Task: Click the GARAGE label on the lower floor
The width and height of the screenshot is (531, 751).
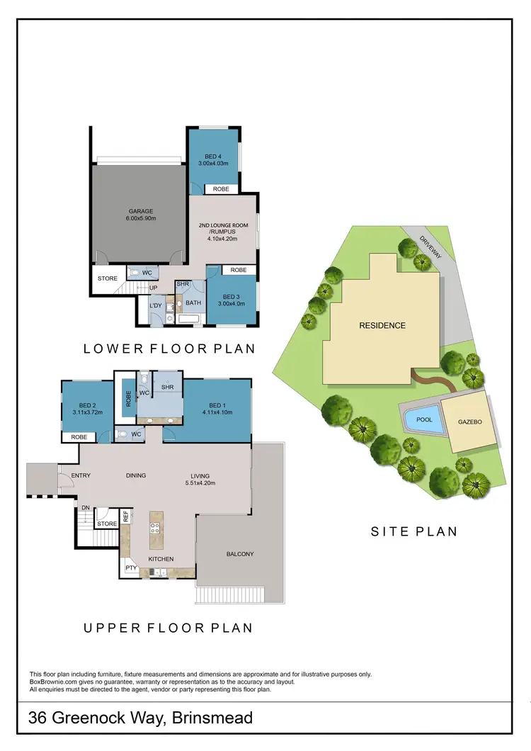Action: point(141,211)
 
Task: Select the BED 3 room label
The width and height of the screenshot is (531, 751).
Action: point(234,297)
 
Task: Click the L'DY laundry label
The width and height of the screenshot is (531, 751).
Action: point(156,306)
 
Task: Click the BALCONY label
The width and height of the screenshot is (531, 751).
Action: point(240,554)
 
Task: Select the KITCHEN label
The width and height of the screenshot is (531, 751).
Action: point(161,559)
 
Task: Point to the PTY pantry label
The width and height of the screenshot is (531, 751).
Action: point(130,568)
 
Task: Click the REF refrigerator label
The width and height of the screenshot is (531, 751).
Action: point(126,516)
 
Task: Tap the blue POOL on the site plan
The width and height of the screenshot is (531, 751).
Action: point(424,419)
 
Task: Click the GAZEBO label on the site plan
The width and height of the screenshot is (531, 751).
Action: point(469,422)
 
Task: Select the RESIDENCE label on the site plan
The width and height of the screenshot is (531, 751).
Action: point(382,325)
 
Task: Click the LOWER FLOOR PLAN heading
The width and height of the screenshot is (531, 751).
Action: point(169,349)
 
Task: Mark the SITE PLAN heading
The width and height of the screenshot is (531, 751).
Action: point(414,531)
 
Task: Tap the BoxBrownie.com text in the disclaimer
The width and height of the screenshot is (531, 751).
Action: point(57,682)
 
